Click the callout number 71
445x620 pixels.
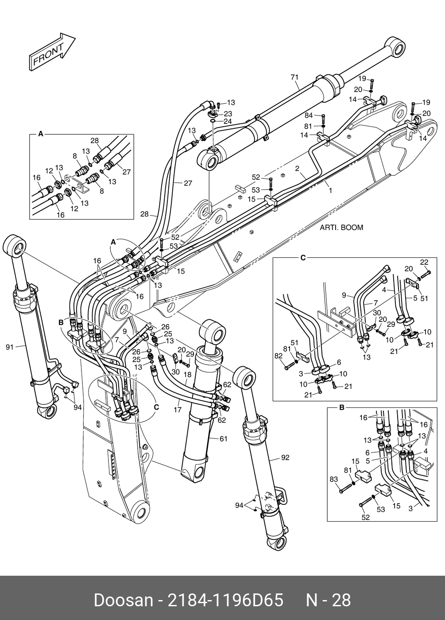click(294, 77)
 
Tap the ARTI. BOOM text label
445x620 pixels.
click(341, 227)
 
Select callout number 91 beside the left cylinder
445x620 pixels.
click(10, 347)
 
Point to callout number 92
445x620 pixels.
click(285, 457)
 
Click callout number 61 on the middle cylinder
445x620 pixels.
click(223, 439)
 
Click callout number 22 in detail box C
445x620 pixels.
click(424, 262)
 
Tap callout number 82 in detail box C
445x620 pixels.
click(279, 356)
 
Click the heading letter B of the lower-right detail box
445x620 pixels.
click(342, 408)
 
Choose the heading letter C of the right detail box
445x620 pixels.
click(303, 258)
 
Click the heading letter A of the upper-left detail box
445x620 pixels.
click(41, 134)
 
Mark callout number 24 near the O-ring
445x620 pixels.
click(228, 121)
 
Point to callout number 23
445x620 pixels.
click(228, 114)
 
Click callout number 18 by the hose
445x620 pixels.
click(187, 375)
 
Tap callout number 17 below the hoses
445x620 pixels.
click(178, 409)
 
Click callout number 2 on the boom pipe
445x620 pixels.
click(297, 168)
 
